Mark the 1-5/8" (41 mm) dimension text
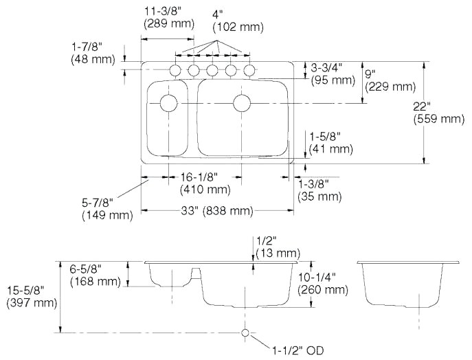click(x=330, y=142)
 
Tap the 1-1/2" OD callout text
click(x=297, y=350)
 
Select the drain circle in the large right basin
click(x=241, y=104)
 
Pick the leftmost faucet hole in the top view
click(x=175, y=70)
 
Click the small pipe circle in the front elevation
click(x=245, y=333)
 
